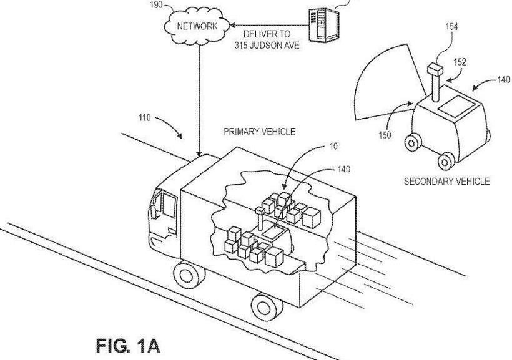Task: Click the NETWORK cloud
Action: click(197, 27)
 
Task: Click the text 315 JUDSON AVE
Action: click(267, 46)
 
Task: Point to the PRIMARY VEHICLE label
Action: click(259, 132)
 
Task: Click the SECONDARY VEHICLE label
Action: click(446, 182)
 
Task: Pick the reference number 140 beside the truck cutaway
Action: click(343, 168)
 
